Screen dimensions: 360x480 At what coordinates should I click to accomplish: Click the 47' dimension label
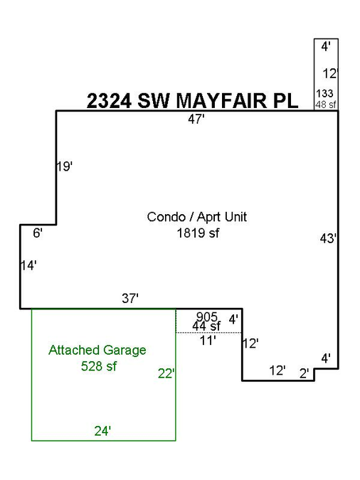coord(196,119)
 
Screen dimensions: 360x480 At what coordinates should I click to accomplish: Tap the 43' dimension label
coord(328,238)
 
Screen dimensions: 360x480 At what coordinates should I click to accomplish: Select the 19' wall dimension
coord(65,166)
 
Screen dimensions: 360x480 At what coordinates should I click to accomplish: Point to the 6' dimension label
coord(38,233)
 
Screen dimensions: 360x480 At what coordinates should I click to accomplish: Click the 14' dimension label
coord(28,265)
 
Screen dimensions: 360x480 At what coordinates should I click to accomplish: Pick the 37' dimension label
coord(130,298)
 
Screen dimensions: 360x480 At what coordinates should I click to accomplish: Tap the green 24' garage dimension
coord(102,431)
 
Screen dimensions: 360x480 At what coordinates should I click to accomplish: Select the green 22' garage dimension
coord(166,373)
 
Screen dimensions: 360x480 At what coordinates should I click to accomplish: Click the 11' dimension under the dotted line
coord(208,341)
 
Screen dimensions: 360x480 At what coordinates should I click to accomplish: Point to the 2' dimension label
coord(305,373)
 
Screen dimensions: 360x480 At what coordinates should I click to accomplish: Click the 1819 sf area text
coord(198,233)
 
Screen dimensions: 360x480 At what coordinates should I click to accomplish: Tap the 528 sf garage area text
coord(99,366)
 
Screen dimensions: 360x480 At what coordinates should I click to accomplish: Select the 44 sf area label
coord(206,326)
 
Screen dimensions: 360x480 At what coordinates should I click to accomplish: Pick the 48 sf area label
coord(326,105)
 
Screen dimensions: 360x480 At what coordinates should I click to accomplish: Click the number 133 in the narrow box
coord(324,93)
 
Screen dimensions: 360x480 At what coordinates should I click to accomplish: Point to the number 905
coord(207,316)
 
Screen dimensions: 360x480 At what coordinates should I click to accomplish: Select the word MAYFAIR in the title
coord(221,101)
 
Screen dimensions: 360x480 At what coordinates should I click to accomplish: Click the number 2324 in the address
coord(109,101)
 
